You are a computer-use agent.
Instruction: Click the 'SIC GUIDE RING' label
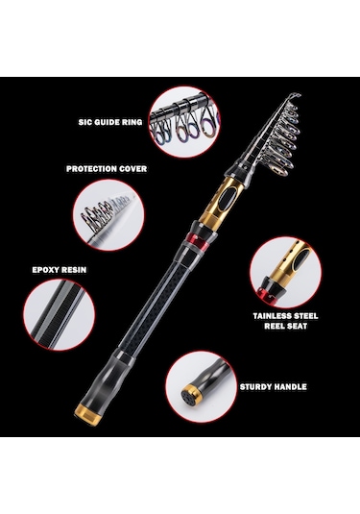tap(110, 122)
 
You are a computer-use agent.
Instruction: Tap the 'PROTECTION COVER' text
tap(107, 169)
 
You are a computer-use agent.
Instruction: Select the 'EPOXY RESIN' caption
tap(60, 270)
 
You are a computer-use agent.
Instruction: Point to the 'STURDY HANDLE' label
tap(274, 387)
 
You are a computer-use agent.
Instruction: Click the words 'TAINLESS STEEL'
tap(285, 316)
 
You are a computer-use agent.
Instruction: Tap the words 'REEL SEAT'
tap(286, 326)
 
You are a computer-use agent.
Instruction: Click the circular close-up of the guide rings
tap(184, 122)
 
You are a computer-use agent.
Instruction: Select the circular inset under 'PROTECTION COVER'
tap(108, 215)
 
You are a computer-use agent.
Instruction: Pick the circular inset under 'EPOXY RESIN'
tap(60, 315)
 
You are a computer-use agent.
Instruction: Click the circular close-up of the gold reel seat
tap(286, 273)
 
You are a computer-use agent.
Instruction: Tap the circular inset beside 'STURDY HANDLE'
tap(201, 387)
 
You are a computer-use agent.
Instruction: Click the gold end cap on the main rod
tap(87, 414)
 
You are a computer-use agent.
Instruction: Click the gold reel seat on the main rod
tap(222, 203)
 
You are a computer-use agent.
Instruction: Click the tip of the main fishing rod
tap(300, 95)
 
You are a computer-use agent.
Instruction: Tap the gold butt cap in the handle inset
tap(189, 395)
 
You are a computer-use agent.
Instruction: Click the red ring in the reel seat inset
tap(264, 294)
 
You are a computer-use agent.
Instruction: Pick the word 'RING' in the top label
tap(132, 122)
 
